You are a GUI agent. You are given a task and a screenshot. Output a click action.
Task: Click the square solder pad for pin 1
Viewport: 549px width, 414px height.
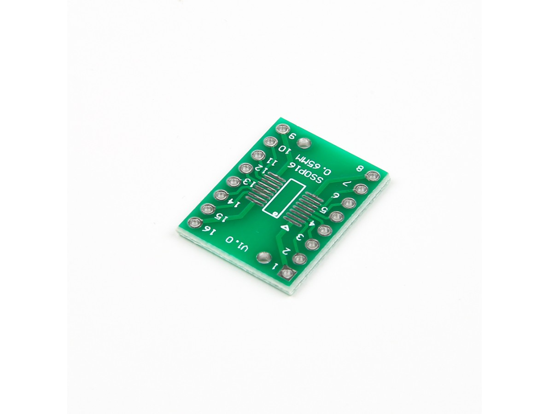[x=287, y=272]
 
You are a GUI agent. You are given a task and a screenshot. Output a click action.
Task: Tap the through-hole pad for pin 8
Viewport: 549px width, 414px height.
[x=372, y=176]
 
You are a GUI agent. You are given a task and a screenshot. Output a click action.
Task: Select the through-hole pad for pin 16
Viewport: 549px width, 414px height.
[x=194, y=222]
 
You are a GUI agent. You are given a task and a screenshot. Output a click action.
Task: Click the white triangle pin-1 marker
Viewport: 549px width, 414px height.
[x=286, y=228]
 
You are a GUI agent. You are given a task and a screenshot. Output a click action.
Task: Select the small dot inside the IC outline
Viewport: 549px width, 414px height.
[x=275, y=213]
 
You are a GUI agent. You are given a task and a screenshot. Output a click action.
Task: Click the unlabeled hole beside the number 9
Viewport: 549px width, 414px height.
[x=303, y=143]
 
